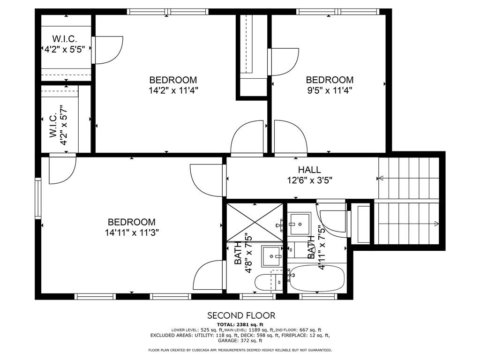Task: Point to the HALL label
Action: (309, 170)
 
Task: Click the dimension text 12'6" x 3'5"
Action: (309, 180)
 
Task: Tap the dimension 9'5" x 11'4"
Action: (329, 90)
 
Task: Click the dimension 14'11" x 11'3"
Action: (131, 232)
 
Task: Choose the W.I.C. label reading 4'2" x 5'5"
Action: (64, 48)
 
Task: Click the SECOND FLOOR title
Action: (241, 315)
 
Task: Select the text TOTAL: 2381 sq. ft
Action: (240, 324)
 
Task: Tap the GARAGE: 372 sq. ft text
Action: (240, 341)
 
